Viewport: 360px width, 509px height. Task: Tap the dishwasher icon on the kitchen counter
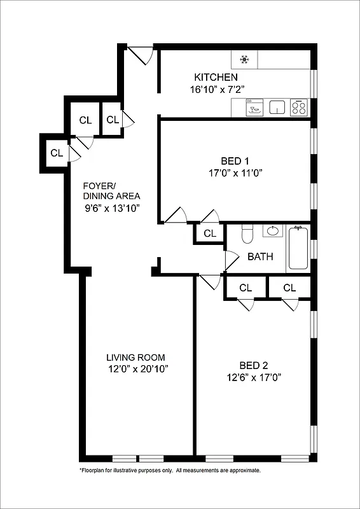(x=254, y=108)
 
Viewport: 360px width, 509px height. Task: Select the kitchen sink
(x=277, y=108)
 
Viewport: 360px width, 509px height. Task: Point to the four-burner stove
(x=298, y=108)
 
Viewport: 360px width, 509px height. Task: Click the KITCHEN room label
(x=216, y=77)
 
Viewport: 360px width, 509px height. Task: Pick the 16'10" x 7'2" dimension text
(x=216, y=89)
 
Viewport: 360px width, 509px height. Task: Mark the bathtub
(x=298, y=248)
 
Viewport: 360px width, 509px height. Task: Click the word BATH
(x=260, y=257)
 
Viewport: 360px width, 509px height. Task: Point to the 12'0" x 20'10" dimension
(x=138, y=369)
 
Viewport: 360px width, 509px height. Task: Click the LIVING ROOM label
(x=135, y=358)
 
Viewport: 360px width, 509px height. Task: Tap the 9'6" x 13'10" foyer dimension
(x=112, y=208)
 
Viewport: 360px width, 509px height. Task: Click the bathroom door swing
(x=231, y=260)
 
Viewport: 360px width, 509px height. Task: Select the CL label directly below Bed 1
(x=210, y=234)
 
